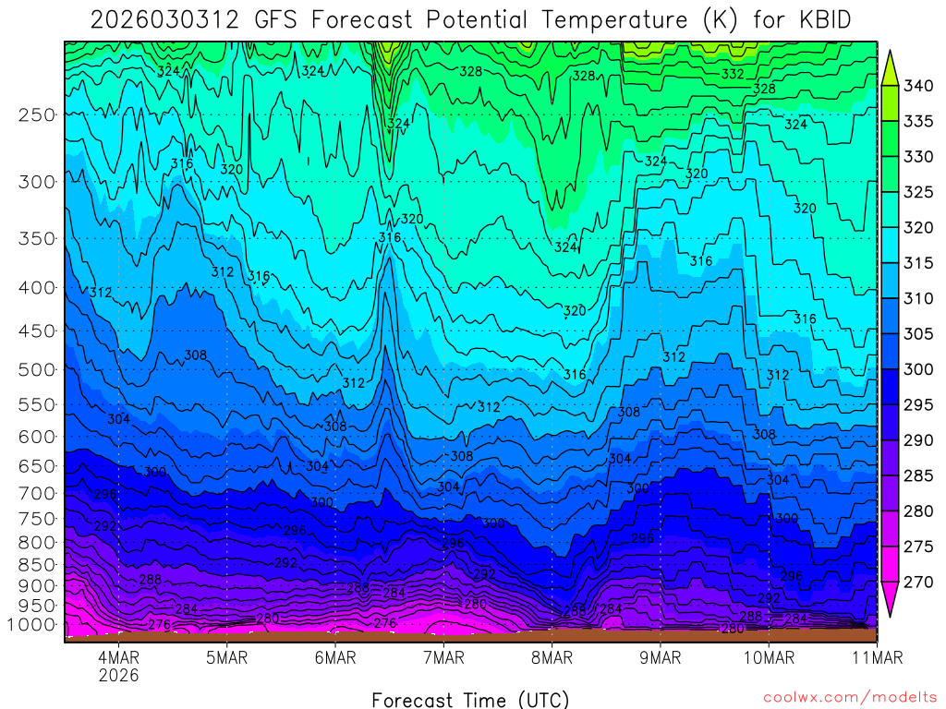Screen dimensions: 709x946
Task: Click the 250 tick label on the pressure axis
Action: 36,114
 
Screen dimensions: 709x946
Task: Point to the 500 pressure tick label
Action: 36,369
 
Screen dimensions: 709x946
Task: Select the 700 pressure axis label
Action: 36,492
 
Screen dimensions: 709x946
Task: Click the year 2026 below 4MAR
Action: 118,675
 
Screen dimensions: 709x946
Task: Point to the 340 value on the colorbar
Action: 918,86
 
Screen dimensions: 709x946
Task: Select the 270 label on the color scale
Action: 918,583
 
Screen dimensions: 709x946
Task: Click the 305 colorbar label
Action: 918,334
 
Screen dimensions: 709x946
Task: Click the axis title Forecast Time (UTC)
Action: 470,699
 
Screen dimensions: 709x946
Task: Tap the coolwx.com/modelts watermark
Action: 849,697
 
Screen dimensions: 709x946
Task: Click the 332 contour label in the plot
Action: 733,74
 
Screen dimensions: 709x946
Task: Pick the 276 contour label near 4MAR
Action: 159,625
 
